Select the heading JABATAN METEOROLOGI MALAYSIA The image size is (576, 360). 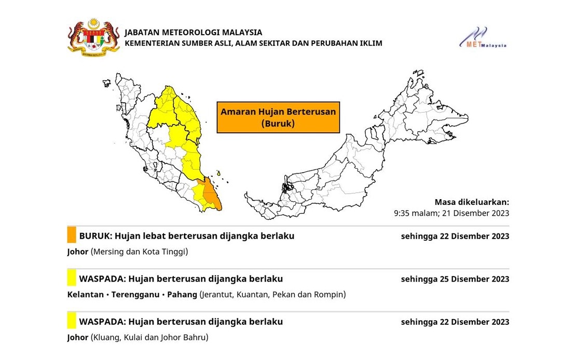click(193, 32)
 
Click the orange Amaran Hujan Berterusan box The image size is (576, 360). click(278, 117)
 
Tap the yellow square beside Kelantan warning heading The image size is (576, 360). click(72, 278)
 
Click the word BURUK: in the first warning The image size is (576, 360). click(95, 236)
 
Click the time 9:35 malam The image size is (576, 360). click(414, 213)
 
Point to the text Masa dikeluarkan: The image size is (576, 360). click(472, 202)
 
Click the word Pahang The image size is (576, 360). click(182, 295)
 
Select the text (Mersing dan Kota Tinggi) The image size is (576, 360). click(139, 252)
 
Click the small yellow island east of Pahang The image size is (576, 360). click(220, 173)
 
